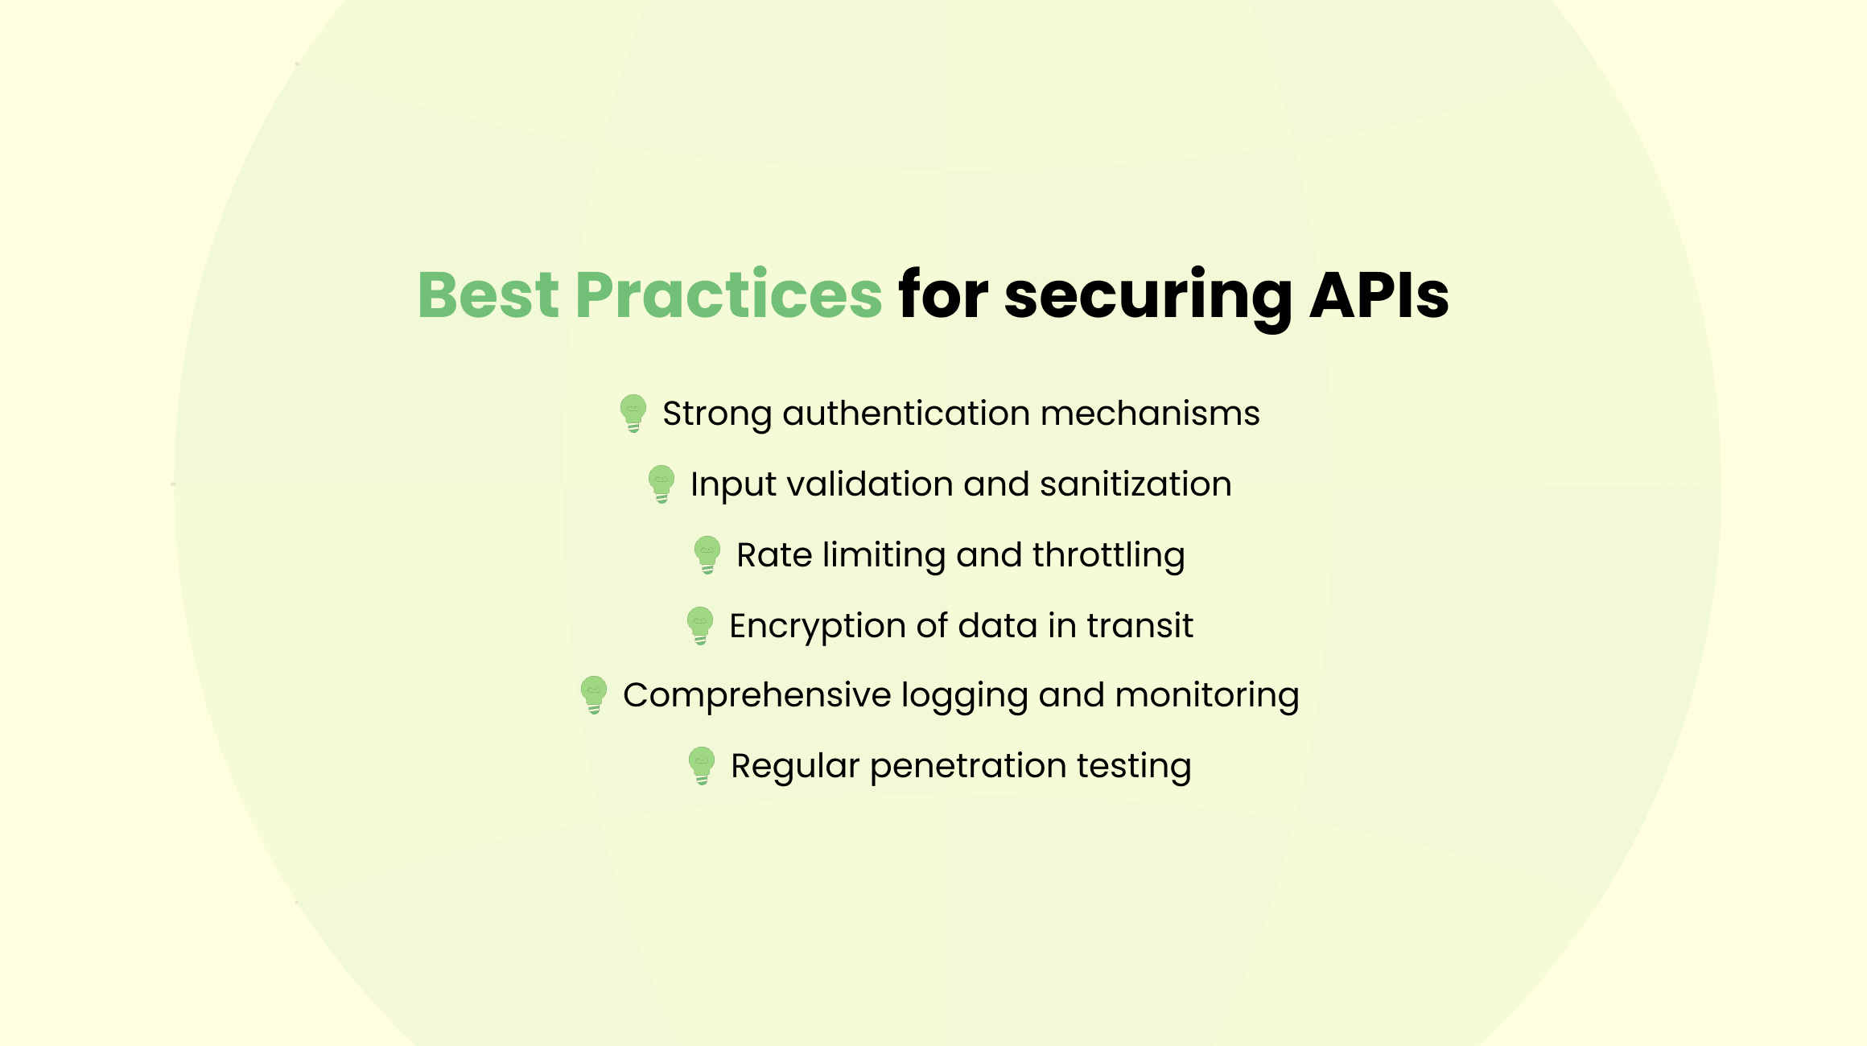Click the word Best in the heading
(x=488, y=294)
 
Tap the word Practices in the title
(x=729, y=294)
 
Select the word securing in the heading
(x=1148, y=299)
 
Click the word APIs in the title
(x=1379, y=294)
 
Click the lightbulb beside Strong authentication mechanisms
(x=633, y=414)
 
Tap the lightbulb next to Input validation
(x=661, y=484)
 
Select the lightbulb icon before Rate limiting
(x=707, y=555)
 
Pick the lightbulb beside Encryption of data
(x=700, y=626)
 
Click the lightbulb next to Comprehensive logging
(x=594, y=695)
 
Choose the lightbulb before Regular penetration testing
(x=702, y=766)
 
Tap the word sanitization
(x=1135, y=484)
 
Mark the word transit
(x=1140, y=626)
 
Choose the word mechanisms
(x=1150, y=414)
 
